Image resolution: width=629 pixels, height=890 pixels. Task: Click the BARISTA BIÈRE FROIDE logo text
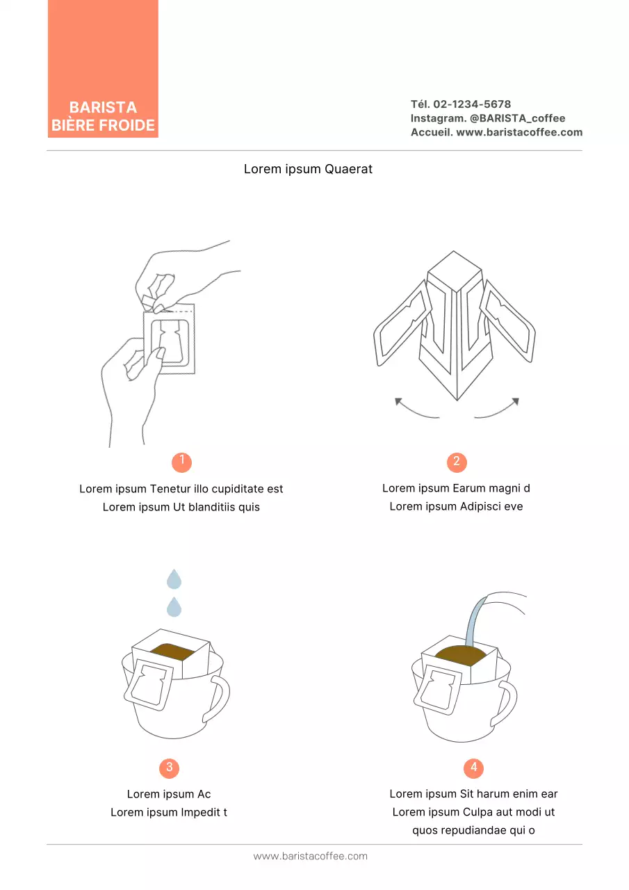click(x=103, y=116)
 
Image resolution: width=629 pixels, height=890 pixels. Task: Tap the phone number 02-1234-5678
click(x=472, y=104)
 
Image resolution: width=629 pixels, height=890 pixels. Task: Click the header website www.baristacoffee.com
click(x=519, y=132)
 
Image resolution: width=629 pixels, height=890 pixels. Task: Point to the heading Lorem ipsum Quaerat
click(x=308, y=169)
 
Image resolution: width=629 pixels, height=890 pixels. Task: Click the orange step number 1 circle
click(x=181, y=462)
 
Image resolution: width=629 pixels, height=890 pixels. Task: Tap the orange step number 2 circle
click(x=457, y=462)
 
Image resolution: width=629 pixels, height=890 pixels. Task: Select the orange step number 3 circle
click(x=170, y=768)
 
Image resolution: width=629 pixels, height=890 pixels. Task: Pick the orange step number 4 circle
click(x=473, y=768)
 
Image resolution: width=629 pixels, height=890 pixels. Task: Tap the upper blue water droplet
click(x=174, y=578)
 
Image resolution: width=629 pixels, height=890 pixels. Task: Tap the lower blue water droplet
click(x=174, y=607)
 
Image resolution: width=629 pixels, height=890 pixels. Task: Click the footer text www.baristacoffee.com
click(x=310, y=856)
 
